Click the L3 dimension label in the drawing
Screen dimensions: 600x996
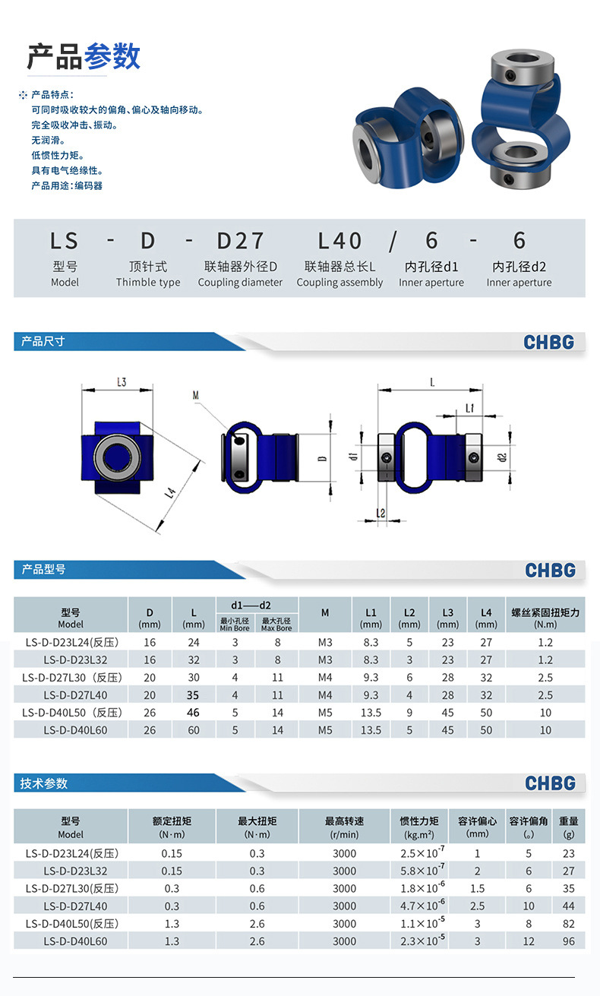122,382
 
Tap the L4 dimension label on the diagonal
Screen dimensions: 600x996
170,493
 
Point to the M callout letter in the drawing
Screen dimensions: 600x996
195,395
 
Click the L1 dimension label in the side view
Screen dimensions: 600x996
470,408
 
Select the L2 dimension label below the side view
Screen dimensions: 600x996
381,513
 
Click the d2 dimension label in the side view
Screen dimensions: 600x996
502,457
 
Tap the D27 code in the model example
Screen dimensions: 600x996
241,241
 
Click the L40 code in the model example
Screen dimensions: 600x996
339,241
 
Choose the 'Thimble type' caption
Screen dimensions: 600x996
148,283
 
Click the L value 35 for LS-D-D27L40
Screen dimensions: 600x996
193,695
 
